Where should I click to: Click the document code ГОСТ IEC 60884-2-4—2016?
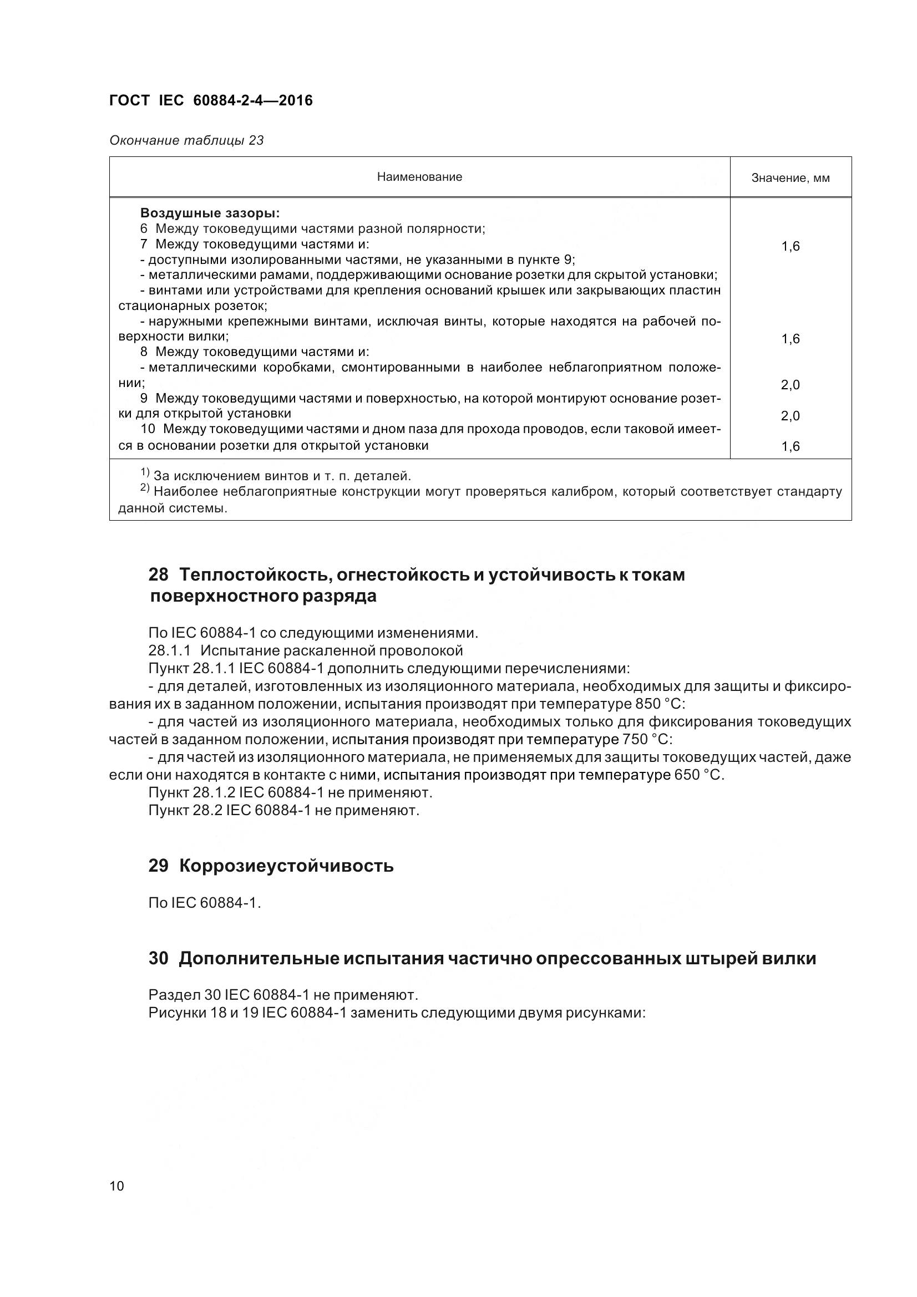[x=211, y=100]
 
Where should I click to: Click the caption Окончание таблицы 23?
[x=186, y=140]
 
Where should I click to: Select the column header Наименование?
[x=419, y=177]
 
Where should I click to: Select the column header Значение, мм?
[x=790, y=178]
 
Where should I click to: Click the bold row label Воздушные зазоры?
[x=210, y=213]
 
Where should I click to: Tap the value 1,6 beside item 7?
[x=790, y=246]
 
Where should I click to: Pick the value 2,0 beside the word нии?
[x=790, y=385]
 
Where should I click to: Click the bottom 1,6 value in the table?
[x=790, y=446]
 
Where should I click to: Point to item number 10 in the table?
[x=148, y=429]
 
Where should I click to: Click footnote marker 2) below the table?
[x=145, y=488]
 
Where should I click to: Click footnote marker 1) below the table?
[x=145, y=472]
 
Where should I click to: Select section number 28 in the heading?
[x=159, y=575]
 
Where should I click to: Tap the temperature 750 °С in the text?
[x=646, y=740]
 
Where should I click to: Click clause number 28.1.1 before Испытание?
[x=170, y=650]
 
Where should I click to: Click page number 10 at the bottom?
[x=116, y=1186]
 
